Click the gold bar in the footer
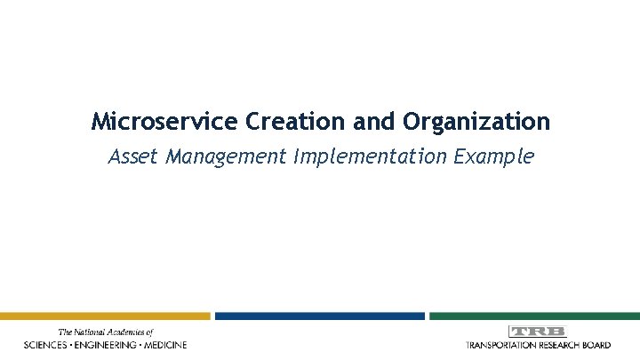point(105,316)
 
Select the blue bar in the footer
point(319,316)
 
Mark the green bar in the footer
point(534,316)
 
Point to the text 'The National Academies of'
point(105,332)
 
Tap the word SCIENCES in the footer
point(50,344)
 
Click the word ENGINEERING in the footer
point(111,344)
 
